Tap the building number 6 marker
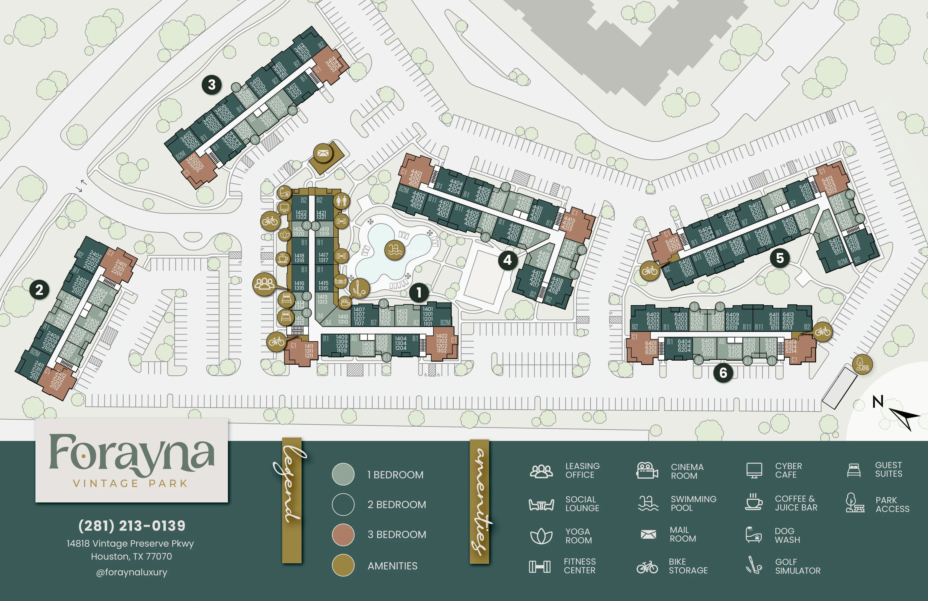[x=723, y=373]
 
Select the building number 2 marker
[x=39, y=290]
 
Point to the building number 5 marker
[x=780, y=258]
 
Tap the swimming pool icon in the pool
[x=394, y=250]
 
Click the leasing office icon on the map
[x=264, y=284]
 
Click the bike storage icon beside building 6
[x=822, y=332]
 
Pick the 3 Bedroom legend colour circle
[x=343, y=535]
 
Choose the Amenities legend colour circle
[x=343, y=565]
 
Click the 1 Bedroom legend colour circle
[x=343, y=474]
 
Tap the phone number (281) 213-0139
[x=132, y=526]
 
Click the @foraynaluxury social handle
[x=132, y=572]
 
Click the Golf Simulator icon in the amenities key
[x=754, y=566]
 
